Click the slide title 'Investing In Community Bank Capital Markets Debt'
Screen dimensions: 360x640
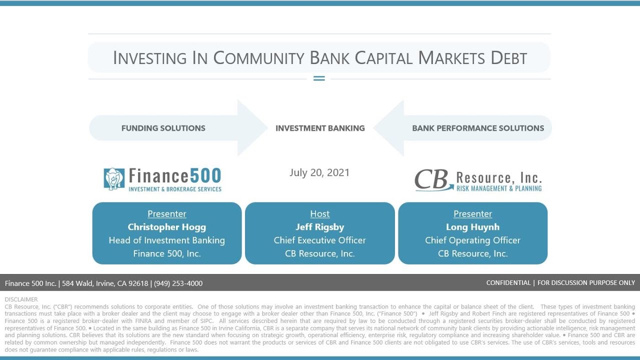[320, 58]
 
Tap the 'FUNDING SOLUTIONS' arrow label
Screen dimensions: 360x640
[163, 128]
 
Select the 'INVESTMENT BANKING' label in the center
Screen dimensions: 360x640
[320, 128]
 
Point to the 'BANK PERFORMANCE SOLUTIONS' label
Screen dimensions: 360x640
[478, 128]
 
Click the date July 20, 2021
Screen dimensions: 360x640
[319, 172]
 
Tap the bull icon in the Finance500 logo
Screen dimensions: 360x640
[114, 178]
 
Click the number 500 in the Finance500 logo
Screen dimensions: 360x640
[205, 175]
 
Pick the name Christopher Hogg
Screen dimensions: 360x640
[166, 227]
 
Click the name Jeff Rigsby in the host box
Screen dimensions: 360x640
[320, 227]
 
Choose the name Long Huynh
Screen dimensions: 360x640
[472, 227]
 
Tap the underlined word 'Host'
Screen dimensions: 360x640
[320, 214]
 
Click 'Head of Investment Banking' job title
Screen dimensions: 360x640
[166, 240]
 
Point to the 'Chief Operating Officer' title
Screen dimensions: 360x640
[472, 240]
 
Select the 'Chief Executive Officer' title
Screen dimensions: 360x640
[320, 240]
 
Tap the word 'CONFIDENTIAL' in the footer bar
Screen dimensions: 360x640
[508, 283]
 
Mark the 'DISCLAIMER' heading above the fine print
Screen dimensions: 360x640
[21, 299]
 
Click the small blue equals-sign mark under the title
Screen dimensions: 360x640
[319, 78]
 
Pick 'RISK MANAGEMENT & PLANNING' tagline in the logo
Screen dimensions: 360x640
[498, 188]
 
